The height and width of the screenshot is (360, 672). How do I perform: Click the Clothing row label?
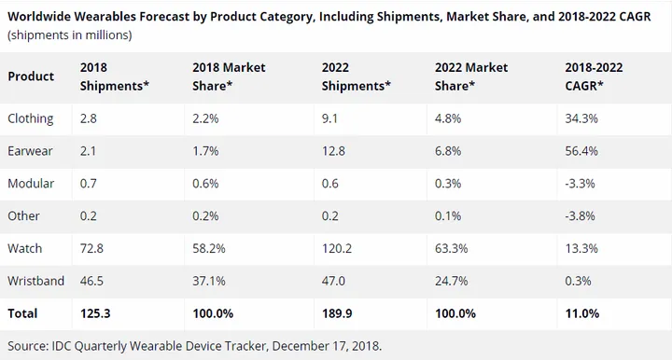(31, 119)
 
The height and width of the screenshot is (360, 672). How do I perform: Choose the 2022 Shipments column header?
(354, 76)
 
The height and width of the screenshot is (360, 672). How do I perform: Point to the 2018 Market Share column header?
(229, 76)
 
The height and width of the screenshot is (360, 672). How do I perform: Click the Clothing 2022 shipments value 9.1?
(330, 119)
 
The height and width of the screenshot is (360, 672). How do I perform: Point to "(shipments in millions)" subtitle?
(69, 35)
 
